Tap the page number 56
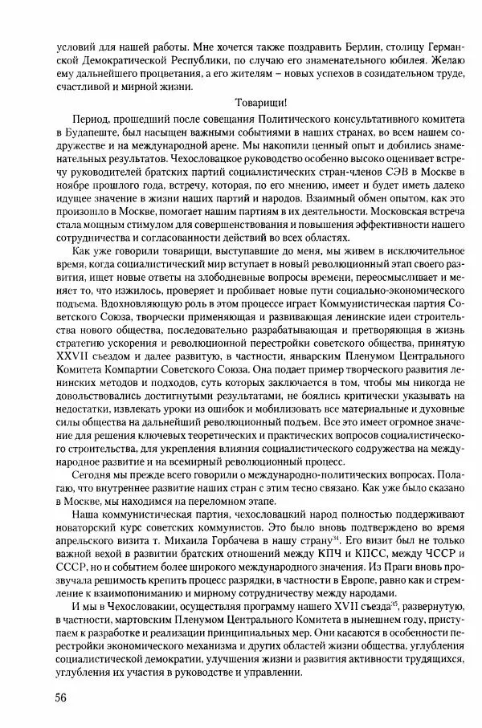click(x=55, y=696)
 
